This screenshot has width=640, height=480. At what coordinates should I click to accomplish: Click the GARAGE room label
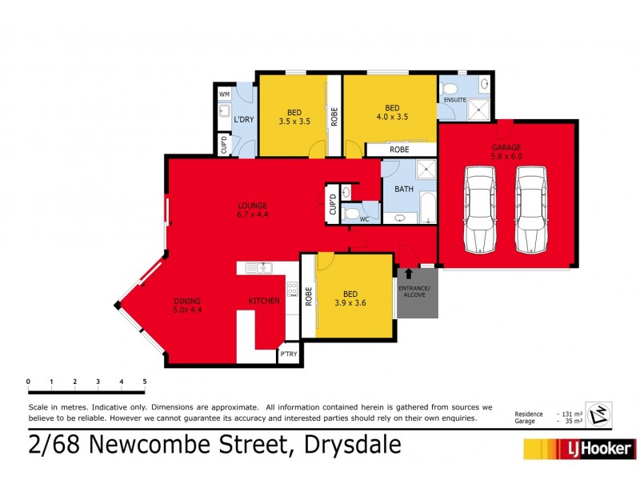(x=506, y=147)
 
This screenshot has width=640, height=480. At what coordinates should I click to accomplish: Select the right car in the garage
(x=530, y=210)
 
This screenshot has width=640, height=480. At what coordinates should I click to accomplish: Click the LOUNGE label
(x=252, y=206)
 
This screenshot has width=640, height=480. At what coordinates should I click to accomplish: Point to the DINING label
(x=188, y=302)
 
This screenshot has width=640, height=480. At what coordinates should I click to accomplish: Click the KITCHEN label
(x=264, y=301)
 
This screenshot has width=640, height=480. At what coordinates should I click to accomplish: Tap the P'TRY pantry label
(x=288, y=354)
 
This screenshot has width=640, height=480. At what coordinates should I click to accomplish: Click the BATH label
(x=404, y=190)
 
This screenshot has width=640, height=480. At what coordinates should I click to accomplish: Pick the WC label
(x=363, y=218)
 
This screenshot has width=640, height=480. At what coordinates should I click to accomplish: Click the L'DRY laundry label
(x=244, y=120)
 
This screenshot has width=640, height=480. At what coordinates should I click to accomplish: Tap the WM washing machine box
(x=224, y=94)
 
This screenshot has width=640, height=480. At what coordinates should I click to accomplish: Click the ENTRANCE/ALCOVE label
(x=417, y=292)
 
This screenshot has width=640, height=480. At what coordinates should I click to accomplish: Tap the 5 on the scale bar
(x=145, y=382)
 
